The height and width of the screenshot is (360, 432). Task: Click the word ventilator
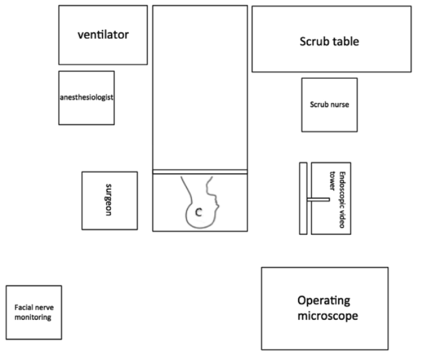coord(103,35)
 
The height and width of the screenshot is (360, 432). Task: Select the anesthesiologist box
coord(86,97)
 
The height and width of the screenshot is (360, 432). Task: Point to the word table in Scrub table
coord(347,42)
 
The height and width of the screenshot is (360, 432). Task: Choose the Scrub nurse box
coord(329,104)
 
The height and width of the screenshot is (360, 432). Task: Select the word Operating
coord(324,301)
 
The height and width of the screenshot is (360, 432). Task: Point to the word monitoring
coord(33,317)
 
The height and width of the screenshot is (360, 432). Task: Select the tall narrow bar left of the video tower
coord(303,198)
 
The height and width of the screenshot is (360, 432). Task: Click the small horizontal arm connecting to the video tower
coord(318,199)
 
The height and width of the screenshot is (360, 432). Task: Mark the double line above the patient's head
coord(200,171)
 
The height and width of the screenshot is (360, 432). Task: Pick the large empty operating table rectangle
coord(200,86)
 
